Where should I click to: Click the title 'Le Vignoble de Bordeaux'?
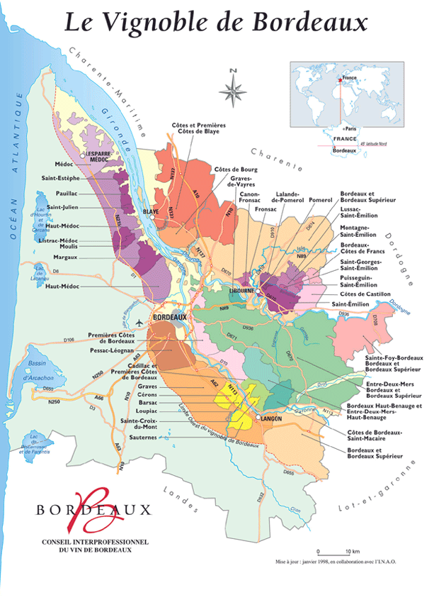217,23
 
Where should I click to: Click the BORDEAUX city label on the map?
169,317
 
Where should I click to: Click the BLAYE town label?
149,211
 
